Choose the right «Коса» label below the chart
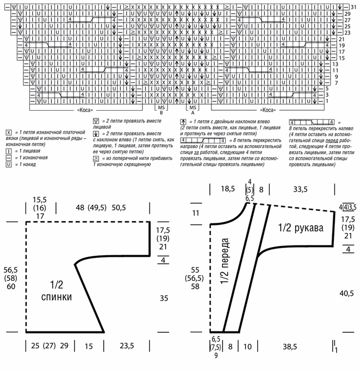pyautogui.click(x=268, y=110)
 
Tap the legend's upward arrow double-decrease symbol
pyautogui.click(x=183, y=121)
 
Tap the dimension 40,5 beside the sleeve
pyautogui.click(x=347, y=293)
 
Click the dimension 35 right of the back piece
pyautogui.click(x=164, y=297)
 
